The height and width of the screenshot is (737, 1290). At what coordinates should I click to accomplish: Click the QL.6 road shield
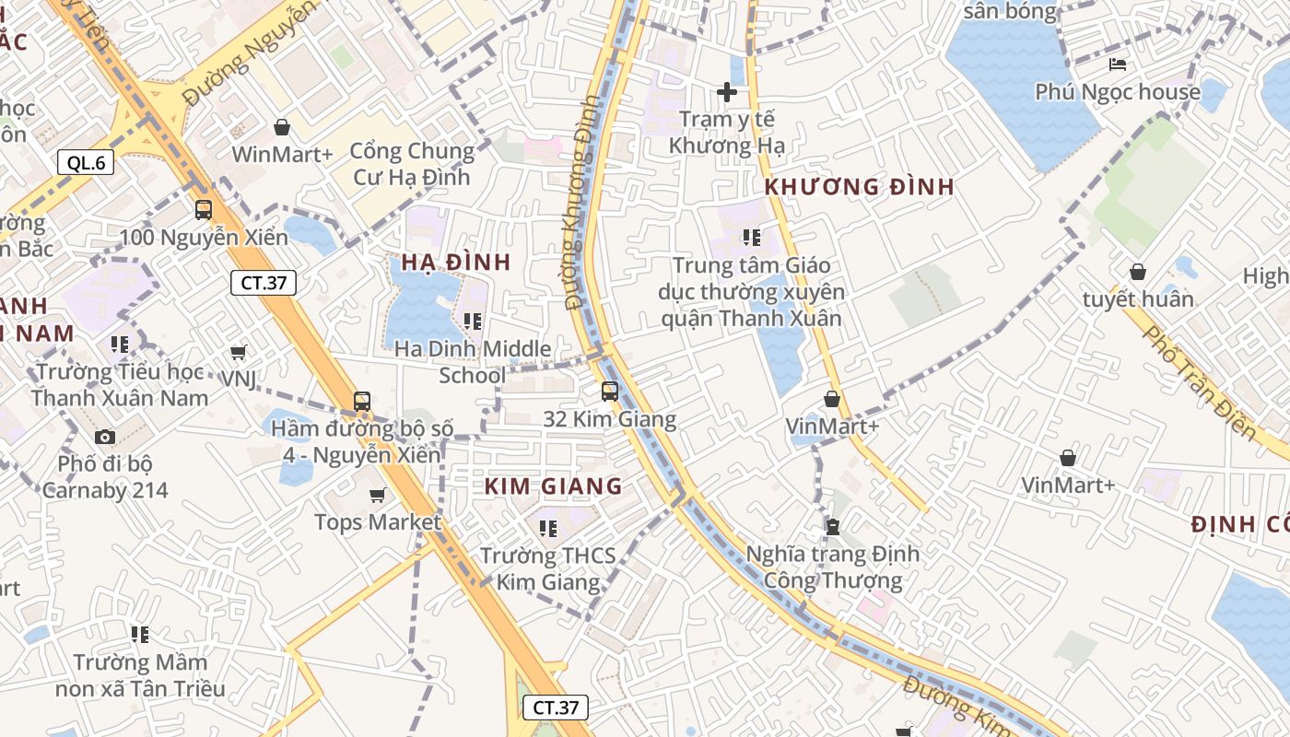(85, 163)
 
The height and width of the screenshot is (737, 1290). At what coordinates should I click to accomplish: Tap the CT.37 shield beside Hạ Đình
(263, 283)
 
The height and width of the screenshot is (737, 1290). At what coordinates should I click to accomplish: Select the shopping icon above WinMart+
(282, 127)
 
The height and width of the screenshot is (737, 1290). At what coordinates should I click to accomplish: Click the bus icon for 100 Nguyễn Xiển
(204, 210)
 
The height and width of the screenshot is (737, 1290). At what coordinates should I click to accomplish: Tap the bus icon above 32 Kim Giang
(609, 392)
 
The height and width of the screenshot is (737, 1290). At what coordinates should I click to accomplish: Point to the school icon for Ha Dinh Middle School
(473, 322)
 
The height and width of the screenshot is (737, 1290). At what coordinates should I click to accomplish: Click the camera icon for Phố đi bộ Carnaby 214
(105, 437)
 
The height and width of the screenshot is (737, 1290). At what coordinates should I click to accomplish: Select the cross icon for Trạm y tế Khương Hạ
(727, 92)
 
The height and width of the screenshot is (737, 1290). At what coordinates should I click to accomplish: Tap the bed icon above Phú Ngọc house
(1118, 64)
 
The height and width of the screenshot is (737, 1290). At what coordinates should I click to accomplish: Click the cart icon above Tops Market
(377, 496)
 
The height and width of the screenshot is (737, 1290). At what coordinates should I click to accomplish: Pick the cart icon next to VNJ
(239, 352)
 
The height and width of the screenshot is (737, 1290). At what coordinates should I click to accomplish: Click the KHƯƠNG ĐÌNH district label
(859, 187)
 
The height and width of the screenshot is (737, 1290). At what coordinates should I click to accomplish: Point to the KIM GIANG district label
(554, 486)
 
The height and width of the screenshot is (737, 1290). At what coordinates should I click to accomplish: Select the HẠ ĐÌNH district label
(456, 263)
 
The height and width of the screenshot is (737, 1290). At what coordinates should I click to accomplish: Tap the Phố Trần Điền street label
(1199, 382)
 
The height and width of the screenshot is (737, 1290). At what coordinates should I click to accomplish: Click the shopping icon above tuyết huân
(1138, 272)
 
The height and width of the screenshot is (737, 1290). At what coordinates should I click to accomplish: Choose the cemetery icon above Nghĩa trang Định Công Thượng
(833, 527)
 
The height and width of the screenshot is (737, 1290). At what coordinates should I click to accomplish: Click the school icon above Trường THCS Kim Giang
(548, 529)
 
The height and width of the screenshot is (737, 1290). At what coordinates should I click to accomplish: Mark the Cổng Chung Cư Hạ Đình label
(412, 163)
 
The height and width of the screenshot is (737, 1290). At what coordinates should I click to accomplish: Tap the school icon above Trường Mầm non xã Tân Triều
(140, 635)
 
